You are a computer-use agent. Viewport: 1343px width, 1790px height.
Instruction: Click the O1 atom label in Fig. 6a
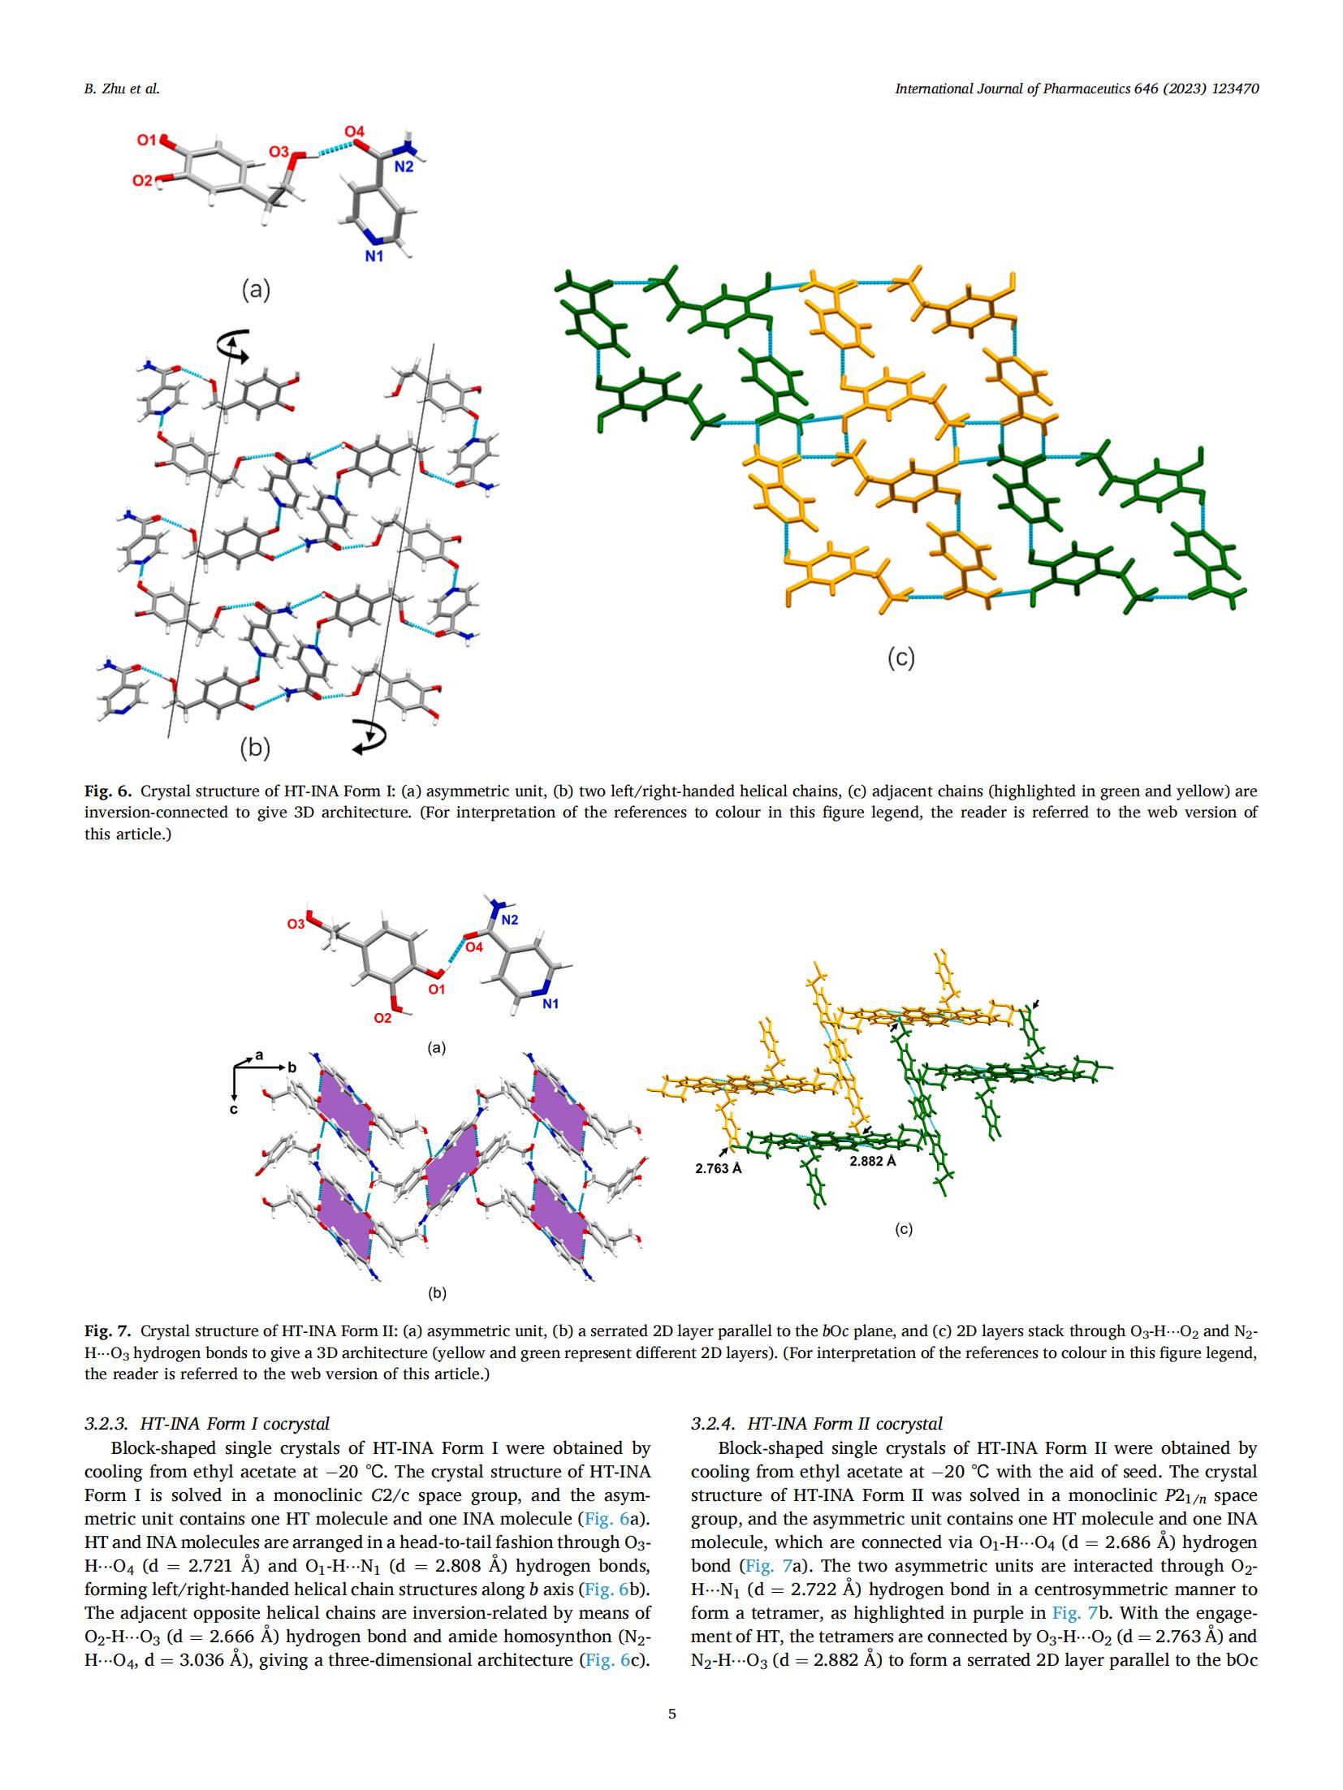click(146, 140)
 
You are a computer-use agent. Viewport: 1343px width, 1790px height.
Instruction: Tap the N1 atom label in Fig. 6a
click(374, 256)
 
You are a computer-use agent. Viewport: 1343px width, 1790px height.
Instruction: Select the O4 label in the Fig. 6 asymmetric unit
click(354, 132)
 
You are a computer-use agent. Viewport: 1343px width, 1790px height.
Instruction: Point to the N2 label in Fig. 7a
click(510, 920)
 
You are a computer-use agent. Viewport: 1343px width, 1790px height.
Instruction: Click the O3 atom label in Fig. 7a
click(296, 924)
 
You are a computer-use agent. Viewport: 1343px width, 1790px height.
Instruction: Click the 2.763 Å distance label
click(719, 1169)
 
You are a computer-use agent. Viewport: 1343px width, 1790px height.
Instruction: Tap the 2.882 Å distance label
click(873, 1162)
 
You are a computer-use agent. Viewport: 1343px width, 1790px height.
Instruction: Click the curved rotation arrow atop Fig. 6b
click(234, 343)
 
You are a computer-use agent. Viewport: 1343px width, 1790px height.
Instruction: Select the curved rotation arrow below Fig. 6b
click(371, 735)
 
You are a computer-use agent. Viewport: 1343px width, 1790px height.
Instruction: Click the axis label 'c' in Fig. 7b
click(234, 1109)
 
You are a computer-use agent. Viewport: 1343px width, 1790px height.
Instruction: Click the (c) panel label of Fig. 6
click(900, 658)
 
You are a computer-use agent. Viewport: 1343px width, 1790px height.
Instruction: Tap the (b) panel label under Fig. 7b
click(437, 1293)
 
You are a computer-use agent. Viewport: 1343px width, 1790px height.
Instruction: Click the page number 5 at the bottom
click(671, 1715)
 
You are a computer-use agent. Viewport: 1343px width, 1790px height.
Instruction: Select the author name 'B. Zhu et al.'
click(122, 89)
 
